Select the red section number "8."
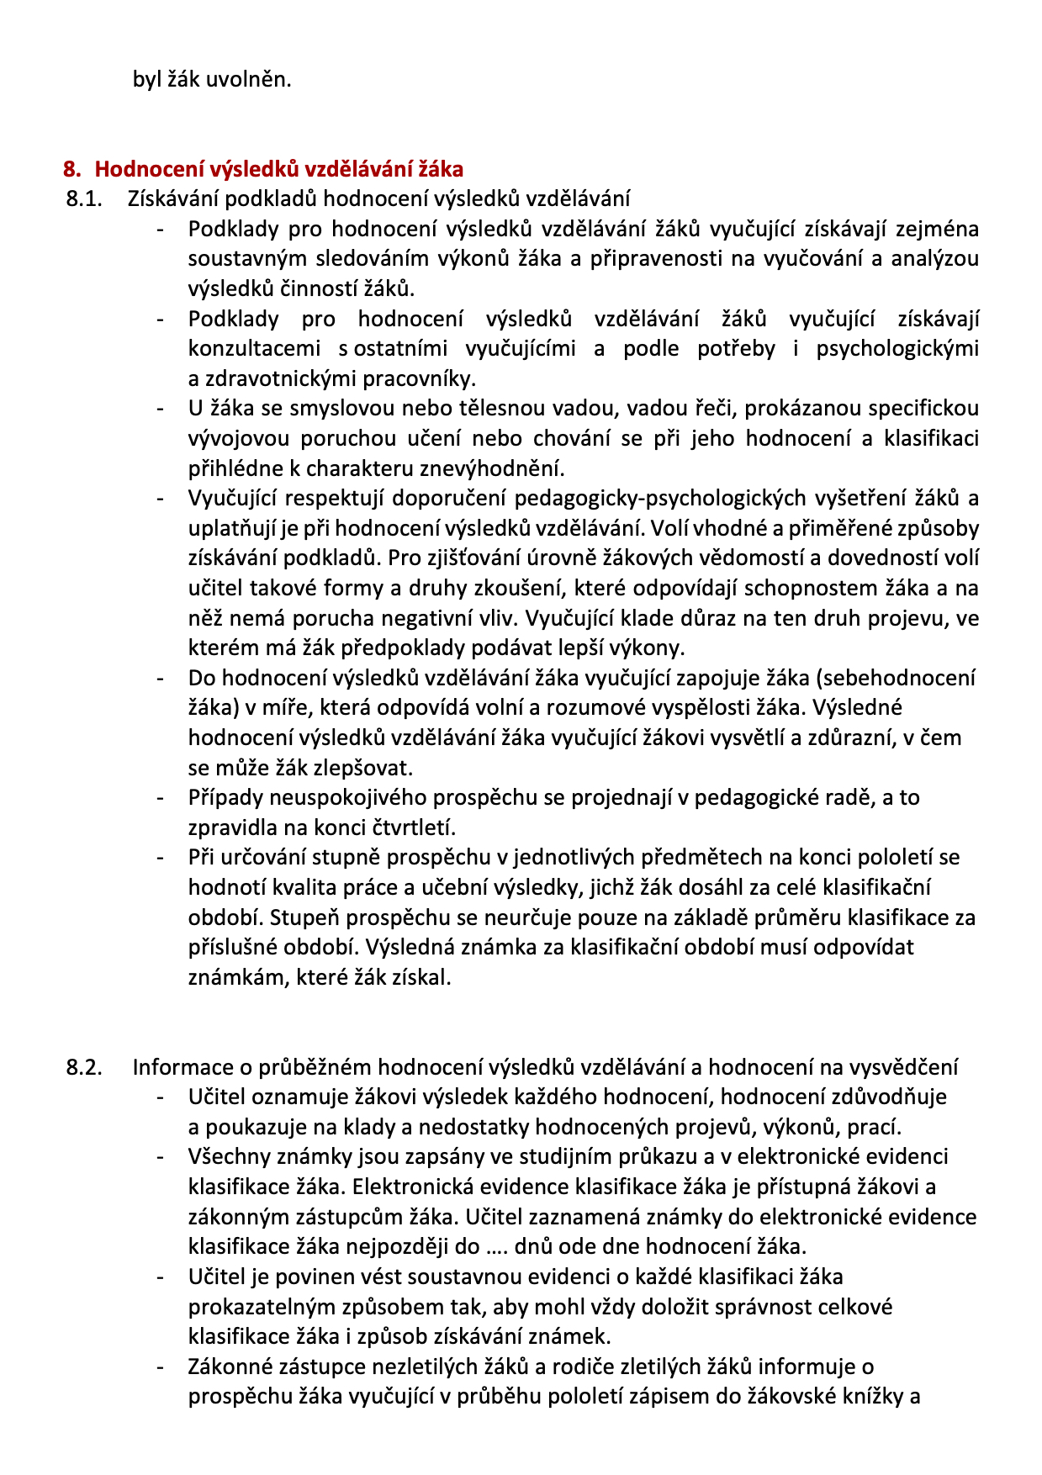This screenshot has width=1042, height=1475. (x=72, y=169)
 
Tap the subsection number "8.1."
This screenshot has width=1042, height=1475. (x=83, y=199)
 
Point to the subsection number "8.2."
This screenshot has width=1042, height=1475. (x=84, y=1067)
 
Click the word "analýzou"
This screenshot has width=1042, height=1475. (x=934, y=259)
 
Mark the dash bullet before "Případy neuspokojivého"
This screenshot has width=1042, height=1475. (x=160, y=798)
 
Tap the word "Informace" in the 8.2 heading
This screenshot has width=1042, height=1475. (x=182, y=1067)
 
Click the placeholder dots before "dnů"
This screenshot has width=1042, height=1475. (x=497, y=1246)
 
